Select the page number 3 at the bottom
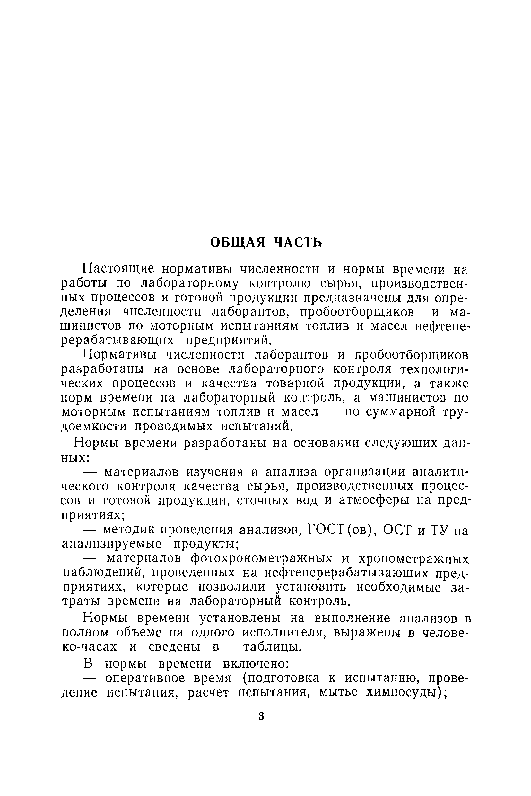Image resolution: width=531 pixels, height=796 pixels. coord(261,716)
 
